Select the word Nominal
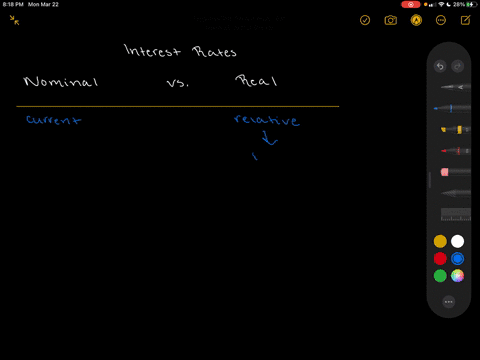pyautogui.click(x=60, y=82)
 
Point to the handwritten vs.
pyautogui.click(x=177, y=83)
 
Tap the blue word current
pyautogui.click(x=53, y=120)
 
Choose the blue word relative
pyautogui.click(x=266, y=120)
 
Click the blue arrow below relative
pyautogui.click(x=267, y=139)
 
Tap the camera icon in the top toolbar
pyautogui.click(x=391, y=20)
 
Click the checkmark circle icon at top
pyautogui.click(x=365, y=20)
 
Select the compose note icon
pyautogui.click(x=466, y=20)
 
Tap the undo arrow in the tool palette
pyautogui.click(x=440, y=67)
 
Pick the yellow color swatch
pyautogui.click(x=440, y=241)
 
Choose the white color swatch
pyautogui.click(x=457, y=241)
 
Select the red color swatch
pyautogui.click(x=440, y=258)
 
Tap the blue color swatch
pyautogui.click(x=457, y=258)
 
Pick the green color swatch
pyautogui.click(x=440, y=275)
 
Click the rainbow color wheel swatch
pyautogui.click(x=457, y=275)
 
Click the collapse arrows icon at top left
pyautogui.click(x=15, y=20)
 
